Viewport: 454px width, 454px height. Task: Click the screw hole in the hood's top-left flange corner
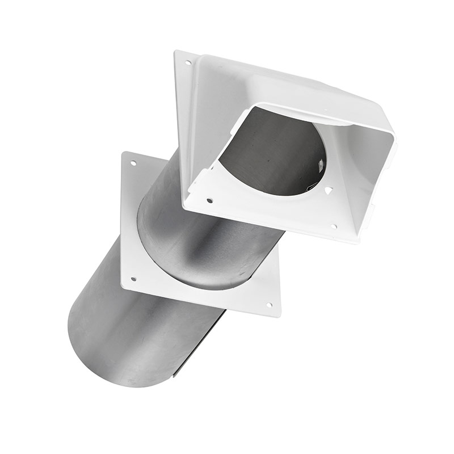[x=187, y=62]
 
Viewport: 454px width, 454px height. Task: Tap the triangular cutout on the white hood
[x=327, y=191]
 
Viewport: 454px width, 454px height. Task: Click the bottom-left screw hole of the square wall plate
[x=133, y=279]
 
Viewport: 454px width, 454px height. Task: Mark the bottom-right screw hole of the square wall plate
[x=270, y=305]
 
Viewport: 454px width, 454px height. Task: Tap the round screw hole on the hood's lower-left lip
[x=209, y=200]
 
